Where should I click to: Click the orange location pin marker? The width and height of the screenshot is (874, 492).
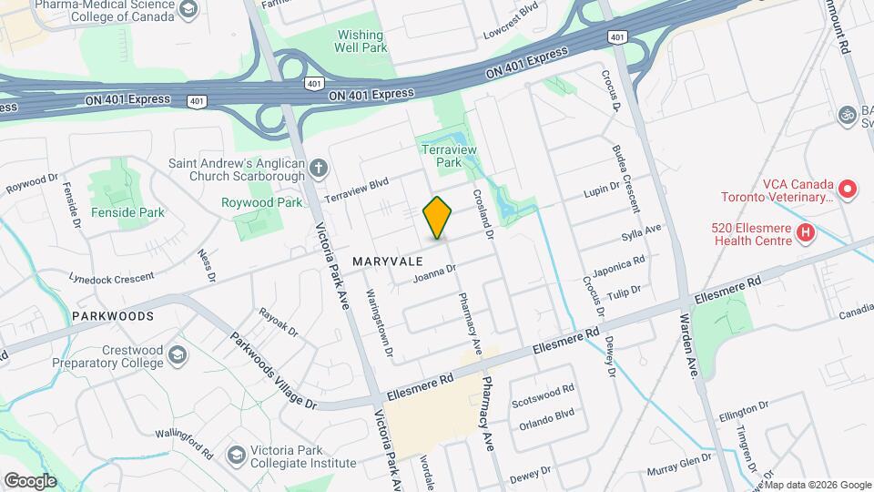(438, 218)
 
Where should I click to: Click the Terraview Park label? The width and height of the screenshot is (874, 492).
(442, 154)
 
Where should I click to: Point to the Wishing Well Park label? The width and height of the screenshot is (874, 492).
(361, 41)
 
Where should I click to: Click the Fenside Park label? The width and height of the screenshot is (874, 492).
(127, 212)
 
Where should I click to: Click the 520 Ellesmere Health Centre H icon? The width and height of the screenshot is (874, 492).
(805, 233)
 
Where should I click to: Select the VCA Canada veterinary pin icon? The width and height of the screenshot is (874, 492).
(848, 190)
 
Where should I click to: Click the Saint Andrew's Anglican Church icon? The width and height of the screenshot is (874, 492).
(318, 168)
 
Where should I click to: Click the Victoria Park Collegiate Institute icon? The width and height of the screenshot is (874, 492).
(236, 454)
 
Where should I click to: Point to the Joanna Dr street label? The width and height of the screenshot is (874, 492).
(434, 272)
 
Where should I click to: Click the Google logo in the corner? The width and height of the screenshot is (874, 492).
(30, 480)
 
